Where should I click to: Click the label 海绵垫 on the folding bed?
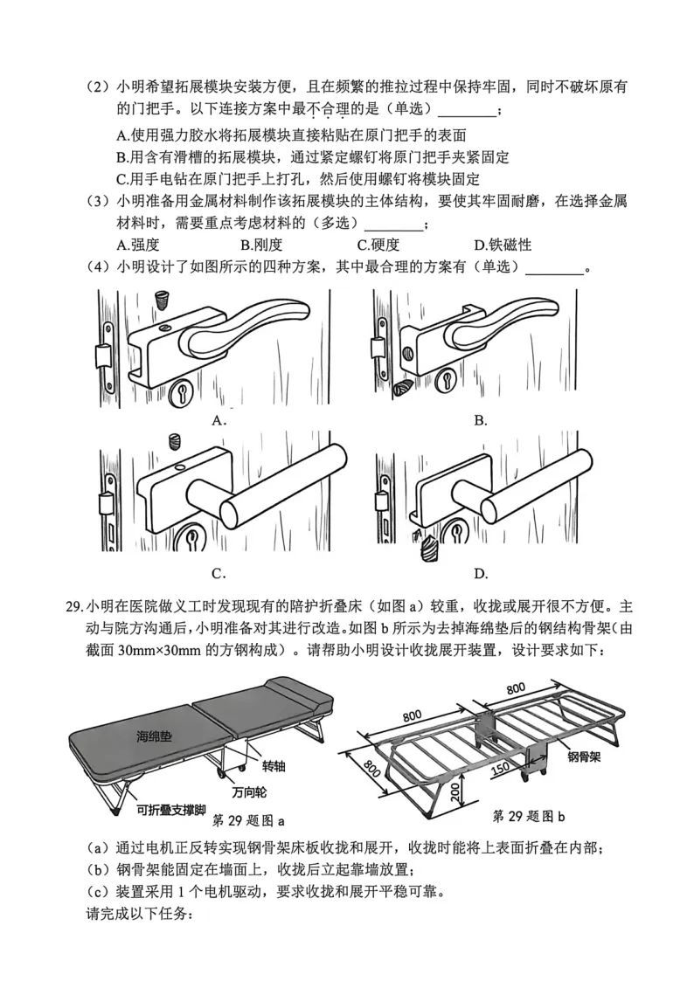(154, 737)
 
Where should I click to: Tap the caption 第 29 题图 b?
(529, 816)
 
